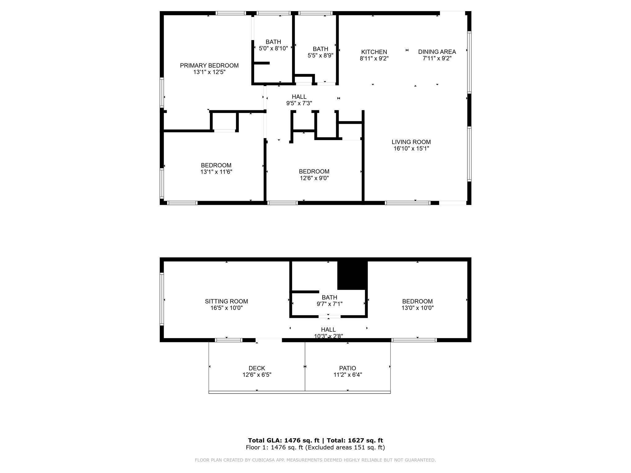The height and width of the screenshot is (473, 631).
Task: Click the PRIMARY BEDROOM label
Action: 209,66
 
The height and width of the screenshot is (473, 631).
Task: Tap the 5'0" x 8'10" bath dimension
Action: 273,48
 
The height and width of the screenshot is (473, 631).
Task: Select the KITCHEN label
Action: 374,52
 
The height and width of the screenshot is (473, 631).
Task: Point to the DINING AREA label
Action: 437,52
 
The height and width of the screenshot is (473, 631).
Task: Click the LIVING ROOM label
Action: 411,142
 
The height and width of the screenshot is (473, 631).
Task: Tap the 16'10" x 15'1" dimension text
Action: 411,149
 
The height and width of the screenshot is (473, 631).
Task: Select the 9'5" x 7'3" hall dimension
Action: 299,103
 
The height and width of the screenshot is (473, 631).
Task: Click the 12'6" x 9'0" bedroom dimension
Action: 314,178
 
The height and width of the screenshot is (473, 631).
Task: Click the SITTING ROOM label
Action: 226,301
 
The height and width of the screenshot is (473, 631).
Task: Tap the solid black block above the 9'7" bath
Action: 352,275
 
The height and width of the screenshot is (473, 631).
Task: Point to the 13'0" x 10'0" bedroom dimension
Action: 417,308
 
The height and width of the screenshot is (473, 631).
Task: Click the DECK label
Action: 257,368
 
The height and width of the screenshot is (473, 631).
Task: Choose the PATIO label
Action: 348,368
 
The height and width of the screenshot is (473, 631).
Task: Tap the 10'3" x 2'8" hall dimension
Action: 328,336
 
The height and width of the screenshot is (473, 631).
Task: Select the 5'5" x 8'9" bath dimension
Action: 320,55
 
